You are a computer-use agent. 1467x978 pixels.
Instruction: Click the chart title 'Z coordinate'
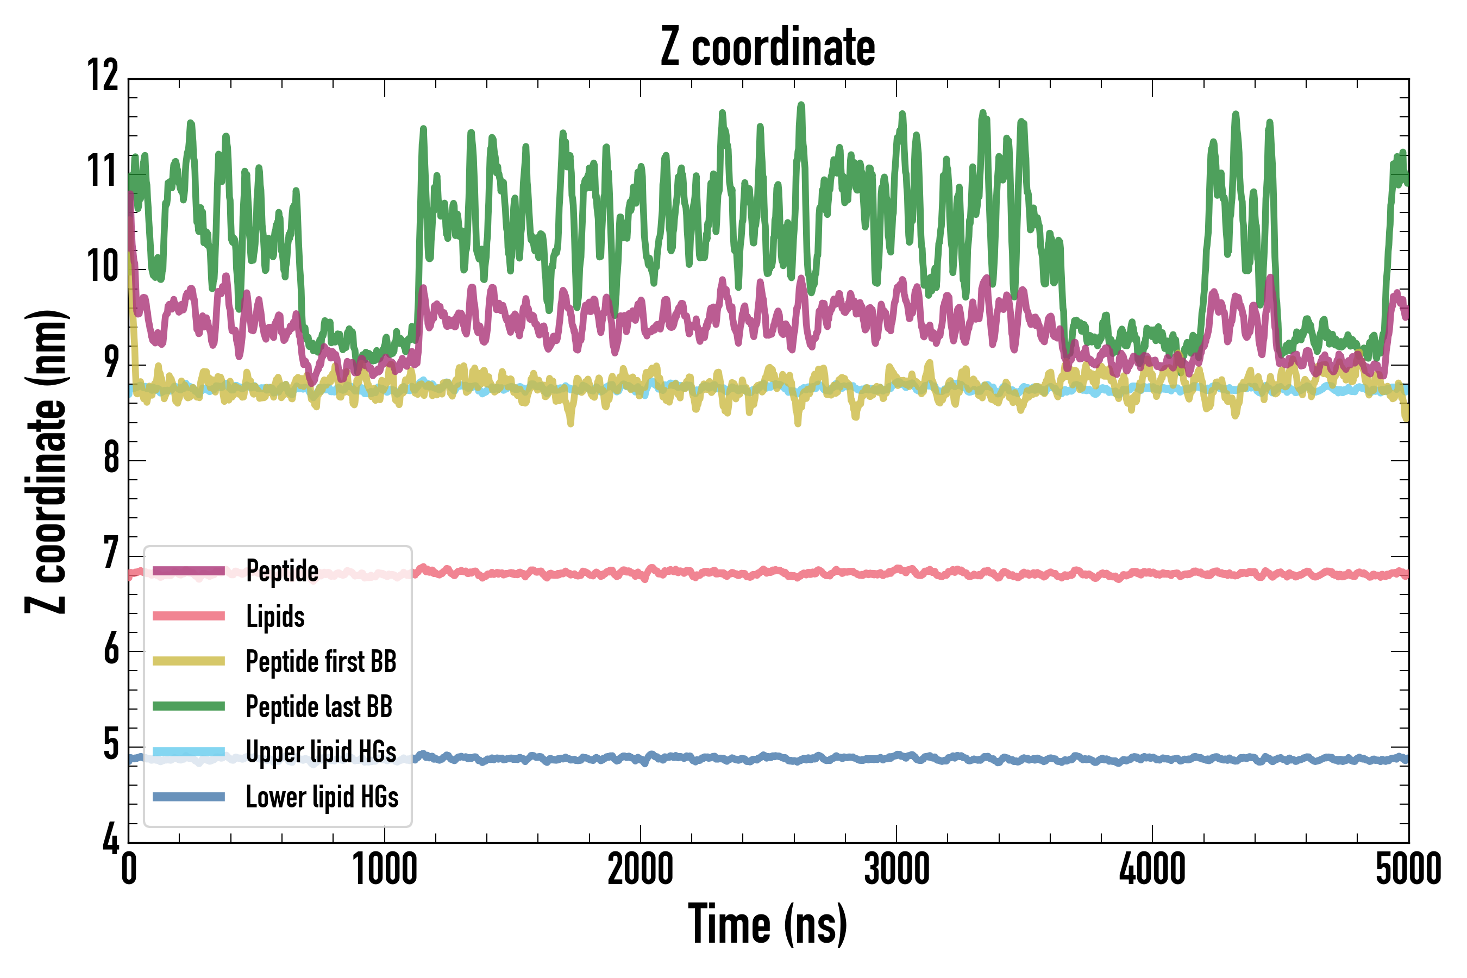768,47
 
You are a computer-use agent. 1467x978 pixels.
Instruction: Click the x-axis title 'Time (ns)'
768,924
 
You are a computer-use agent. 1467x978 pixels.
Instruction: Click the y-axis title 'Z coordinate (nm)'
46,461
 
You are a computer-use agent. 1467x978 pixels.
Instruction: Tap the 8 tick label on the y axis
111,458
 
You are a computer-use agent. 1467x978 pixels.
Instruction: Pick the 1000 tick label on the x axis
384,869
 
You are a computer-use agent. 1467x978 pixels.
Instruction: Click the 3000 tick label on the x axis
896,869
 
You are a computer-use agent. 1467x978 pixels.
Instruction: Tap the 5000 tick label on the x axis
1408,869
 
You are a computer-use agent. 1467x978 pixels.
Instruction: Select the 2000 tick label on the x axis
641,869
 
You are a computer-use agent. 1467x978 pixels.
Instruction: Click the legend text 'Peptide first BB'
321,662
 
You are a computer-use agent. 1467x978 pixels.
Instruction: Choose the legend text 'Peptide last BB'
319,707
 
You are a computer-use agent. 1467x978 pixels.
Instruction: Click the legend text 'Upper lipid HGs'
321,751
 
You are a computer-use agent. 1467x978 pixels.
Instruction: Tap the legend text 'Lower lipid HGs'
322,797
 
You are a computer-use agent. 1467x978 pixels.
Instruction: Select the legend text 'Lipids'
275,617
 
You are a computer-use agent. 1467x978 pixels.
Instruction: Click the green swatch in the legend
189,706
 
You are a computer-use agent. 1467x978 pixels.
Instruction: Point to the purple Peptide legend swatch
189,570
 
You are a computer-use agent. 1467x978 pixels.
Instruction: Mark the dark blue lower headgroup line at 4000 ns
1152,758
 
